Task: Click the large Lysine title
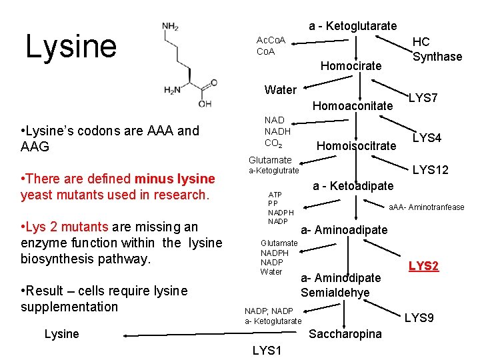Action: point(71,46)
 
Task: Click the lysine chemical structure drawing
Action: point(188,65)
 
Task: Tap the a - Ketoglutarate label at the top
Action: point(353,26)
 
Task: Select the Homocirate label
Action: point(351,65)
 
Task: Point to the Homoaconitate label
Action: point(353,106)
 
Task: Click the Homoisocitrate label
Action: point(356,145)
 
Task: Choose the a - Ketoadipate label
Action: point(353,185)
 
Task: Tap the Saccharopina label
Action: point(345,333)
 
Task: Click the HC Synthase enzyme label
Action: point(437,49)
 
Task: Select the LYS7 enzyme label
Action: point(423,99)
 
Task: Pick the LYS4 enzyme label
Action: point(427,138)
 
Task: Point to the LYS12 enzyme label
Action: point(431,171)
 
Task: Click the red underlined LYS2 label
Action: point(423,267)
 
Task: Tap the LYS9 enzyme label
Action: point(419,318)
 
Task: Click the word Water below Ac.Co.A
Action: point(280,89)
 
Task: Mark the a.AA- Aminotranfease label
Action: point(427,207)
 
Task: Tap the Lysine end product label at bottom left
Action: point(61,333)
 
